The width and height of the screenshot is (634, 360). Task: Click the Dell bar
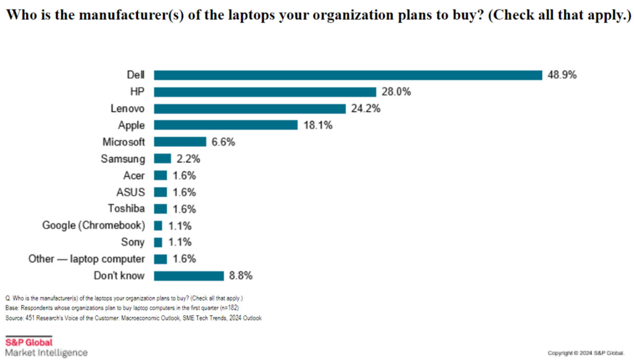coord(348,75)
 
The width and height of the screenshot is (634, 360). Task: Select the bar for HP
coord(265,92)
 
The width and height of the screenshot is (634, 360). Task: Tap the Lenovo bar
coord(250,108)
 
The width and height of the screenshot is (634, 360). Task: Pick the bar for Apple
coord(225,125)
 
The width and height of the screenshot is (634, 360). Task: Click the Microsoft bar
coord(180,142)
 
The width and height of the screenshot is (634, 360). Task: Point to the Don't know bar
coord(189,276)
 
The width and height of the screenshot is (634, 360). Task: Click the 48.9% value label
coord(562,75)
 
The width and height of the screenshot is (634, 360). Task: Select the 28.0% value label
coord(396,92)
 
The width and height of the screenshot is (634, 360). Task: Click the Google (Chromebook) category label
coord(94,226)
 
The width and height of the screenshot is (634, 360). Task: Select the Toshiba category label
coord(126,209)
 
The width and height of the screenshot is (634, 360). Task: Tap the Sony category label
coord(133,243)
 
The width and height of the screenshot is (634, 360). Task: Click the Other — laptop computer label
coord(87,259)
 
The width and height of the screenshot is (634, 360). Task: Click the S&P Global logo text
coord(29,342)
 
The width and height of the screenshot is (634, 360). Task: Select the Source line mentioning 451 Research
coord(133,318)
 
